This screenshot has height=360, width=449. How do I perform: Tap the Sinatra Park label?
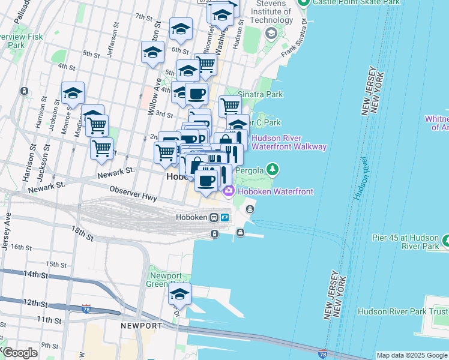(261, 95)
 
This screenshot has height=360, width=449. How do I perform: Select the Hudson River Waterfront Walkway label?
(289, 142)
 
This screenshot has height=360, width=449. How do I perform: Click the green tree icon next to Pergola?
(273, 170)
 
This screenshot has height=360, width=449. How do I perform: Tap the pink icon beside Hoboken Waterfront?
(228, 191)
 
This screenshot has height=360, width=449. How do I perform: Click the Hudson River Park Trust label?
(402, 311)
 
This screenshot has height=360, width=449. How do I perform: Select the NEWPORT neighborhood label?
(141, 326)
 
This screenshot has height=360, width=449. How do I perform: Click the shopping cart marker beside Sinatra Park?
(230, 107)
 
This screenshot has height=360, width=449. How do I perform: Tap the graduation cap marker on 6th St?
(181, 29)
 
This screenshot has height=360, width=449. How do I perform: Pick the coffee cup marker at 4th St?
(196, 94)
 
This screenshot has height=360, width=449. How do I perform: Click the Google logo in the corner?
(20, 352)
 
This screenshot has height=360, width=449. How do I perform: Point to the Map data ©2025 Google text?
(411, 355)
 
